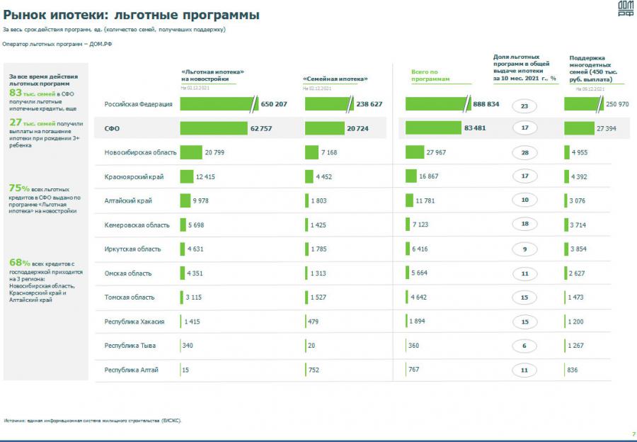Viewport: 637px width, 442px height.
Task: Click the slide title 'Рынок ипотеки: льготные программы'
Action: point(131,15)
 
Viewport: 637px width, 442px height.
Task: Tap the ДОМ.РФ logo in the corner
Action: point(625,8)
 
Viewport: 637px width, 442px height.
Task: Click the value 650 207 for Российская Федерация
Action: point(274,104)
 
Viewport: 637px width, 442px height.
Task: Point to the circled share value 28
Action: point(524,152)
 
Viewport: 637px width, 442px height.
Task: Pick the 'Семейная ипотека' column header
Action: point(335,79)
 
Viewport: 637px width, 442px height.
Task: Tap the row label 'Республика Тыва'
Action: point(130,346)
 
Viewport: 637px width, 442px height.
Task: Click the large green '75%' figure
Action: point(19,188)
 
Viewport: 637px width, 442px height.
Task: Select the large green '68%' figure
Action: point(19,263)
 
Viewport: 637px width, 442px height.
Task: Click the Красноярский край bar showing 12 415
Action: point(187,176)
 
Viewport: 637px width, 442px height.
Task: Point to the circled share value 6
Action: point(524,346)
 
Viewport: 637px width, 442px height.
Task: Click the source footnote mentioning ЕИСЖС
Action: point(92,420)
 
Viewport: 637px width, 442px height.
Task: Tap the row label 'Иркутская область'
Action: point(132,249)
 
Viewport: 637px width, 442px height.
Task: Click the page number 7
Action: point(633,433)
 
